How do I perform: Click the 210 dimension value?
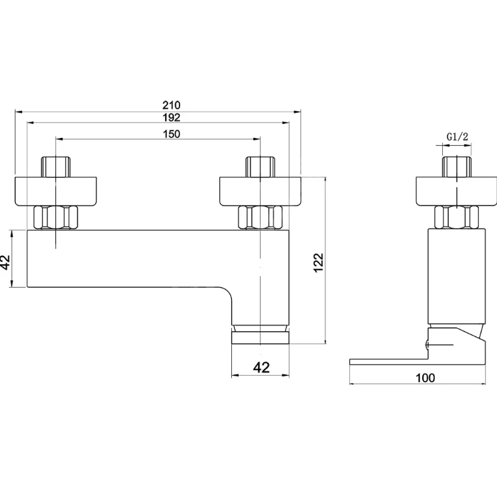point(172,105)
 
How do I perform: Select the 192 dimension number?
point(172,117)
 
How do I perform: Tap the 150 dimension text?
point(172,134)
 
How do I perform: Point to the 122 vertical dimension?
point(318,262)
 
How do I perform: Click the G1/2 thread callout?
point(457,137)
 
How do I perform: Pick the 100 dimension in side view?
point(425,378)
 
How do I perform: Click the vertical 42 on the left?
point(6,262)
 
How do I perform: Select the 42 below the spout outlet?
point(261,367)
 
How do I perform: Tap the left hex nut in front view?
point(55,217)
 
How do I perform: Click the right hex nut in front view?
point(260,217)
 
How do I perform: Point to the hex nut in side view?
point(457,217)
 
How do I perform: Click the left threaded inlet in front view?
point(55,167)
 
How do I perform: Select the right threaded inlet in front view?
point(260,167)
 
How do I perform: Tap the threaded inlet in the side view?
point(457,167)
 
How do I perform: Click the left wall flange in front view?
point(55,191)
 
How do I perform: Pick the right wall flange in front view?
point(260,191)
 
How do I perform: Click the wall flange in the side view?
point(457,191)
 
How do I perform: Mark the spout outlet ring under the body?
point(260,338)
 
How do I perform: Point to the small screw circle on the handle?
point(427,344)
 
